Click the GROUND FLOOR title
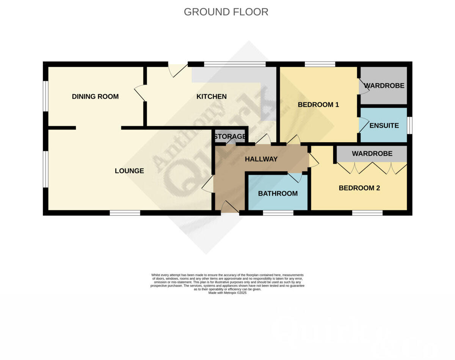coord(226,12)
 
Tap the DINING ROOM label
coord(95,96)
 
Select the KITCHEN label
coord(211,96)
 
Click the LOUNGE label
coord(129,171)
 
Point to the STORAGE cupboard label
coord(230,137)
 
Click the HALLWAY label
coord(261,159)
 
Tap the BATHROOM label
coord(278,193)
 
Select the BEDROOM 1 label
coord(318,105)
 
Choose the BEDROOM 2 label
coord(359,188)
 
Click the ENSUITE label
coord(384,126)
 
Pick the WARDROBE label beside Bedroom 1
coord(384,86)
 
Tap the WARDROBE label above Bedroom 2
coord(372,154)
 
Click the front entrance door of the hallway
coord(230,208)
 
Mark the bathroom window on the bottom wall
coord(278,213)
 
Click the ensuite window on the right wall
coord(409,126)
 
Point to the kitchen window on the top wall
coord(235,64)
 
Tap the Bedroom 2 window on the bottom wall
coord(367,213)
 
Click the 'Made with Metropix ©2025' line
coord(227,293)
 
